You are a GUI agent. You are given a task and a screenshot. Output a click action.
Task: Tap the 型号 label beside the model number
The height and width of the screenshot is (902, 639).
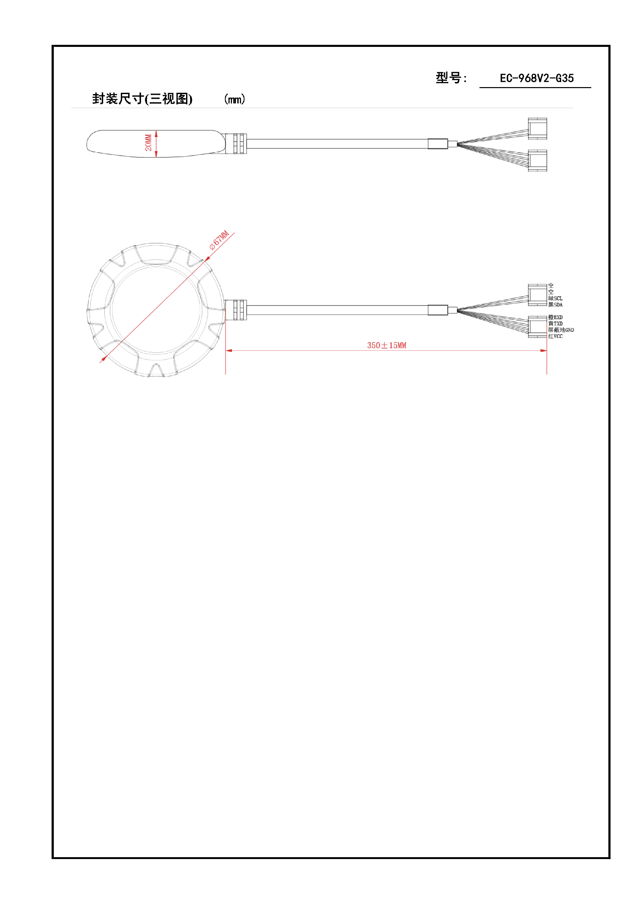pos(451,78)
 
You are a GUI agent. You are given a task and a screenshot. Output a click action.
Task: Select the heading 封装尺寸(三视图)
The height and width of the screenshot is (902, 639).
pos(142,99)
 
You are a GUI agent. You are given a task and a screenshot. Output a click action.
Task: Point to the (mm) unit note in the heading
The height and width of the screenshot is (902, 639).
pos(235,99)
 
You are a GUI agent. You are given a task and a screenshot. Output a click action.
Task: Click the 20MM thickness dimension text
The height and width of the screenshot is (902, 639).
pos(148,143)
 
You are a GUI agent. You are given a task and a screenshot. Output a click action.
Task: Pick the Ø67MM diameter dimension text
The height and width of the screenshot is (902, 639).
pos(219,240)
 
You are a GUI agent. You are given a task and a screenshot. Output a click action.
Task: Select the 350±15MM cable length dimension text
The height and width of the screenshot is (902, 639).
pos(386,345)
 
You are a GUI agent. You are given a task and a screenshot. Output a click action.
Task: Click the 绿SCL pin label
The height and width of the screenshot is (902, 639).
pos(555,298)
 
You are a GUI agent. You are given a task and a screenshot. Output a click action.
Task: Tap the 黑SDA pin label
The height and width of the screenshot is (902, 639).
pos(555,305)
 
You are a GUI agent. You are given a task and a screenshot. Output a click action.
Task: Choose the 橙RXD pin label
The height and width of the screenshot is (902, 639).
pos(555,317)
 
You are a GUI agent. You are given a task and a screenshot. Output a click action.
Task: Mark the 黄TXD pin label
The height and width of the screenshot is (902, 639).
pos(555,323)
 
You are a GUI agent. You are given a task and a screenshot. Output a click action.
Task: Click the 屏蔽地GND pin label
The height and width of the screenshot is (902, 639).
pos(561,330)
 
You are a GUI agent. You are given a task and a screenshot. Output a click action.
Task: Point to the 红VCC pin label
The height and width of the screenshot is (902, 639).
pos(555,336)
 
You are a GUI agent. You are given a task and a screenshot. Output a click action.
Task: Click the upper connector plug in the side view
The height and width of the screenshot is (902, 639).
pos(537,129)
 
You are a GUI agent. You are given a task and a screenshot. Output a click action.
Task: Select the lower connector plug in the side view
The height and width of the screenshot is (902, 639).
pos(537,160)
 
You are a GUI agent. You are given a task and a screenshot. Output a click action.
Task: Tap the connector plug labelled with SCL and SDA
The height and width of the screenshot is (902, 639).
pos(537,295)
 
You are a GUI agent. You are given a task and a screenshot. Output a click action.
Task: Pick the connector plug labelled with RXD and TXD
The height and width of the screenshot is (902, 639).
pos(537,326)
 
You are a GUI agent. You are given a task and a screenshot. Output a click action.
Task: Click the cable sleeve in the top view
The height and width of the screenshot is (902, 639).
pos(438,310)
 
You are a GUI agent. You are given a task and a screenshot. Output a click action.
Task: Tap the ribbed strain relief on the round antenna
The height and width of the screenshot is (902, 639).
pos(236,310)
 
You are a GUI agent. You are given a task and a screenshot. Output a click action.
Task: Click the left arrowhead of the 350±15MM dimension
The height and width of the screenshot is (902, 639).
pos(229,350)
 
